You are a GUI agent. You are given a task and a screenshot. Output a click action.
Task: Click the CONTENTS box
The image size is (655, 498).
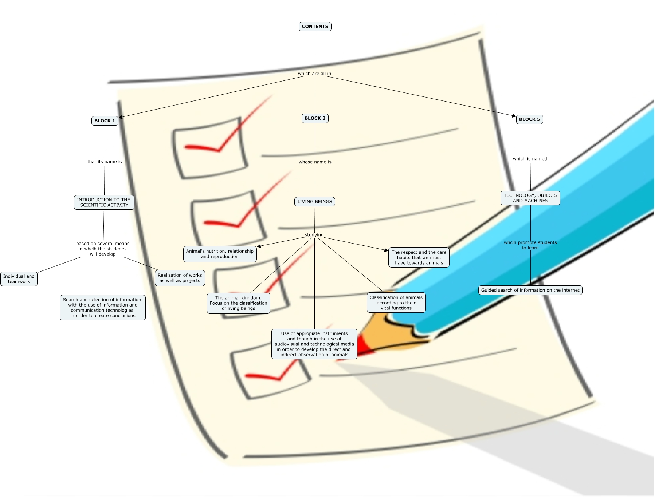(x=315, y=27)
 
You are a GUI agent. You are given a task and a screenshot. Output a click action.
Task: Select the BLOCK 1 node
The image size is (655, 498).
(x=105, y=121)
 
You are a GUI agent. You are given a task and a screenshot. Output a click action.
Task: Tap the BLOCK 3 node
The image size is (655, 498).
(x=315, y=118)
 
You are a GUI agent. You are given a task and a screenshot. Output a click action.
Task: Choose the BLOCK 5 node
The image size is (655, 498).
(x=529, y=119)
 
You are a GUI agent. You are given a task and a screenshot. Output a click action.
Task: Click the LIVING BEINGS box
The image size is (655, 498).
(x=314, y=202)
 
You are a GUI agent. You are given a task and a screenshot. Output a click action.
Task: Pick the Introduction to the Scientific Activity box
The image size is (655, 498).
(x=104, y=202)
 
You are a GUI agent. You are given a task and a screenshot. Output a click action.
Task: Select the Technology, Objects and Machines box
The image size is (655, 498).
(x=530, y=198)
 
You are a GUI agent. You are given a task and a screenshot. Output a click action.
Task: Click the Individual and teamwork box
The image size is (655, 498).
(x=19, y=279)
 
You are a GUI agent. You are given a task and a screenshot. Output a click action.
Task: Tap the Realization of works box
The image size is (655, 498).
(x=180, y=278)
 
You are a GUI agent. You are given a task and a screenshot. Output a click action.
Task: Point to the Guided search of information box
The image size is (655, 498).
(x=530, y=290)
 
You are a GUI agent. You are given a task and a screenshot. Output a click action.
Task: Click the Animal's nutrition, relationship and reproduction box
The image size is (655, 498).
(x=220, y=254)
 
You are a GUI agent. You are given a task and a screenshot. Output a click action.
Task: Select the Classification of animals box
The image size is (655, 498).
(x=396, y=303)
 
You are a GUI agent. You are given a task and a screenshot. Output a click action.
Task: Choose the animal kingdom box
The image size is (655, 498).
(x=238, y=303)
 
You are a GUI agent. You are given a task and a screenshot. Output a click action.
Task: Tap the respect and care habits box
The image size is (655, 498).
(x=419, y=257)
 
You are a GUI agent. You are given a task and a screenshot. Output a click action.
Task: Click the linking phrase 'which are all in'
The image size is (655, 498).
(x=314, y=74)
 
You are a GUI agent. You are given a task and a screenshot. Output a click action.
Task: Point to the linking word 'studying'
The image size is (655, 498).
(x=314, y=235)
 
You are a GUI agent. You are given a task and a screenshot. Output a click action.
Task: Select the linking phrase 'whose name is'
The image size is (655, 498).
(x=315, y=162)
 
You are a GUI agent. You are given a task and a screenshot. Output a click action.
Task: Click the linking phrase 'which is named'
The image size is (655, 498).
(x=530, y=159)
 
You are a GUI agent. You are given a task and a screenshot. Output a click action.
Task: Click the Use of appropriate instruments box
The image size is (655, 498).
(x=314, y=344)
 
